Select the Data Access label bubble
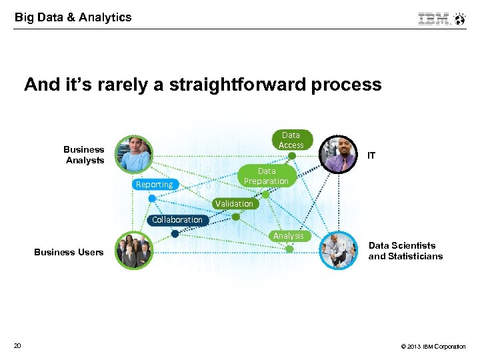tap(291, 140)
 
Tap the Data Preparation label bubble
tap(266, 176)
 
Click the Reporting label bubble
tap(154, 185)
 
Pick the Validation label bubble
tap(234, 203)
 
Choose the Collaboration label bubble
tap(177, 220)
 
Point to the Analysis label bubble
tap(288, 236)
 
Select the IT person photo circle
tap(339, 155)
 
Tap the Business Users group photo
tap(134, 251)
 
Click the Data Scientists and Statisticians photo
tap(339, 251)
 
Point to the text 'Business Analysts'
tap(84, 155)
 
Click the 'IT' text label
tap(371, 155)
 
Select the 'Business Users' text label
tap(69, 252)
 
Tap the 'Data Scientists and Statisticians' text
tap(405, 251)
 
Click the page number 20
tap(17, 345)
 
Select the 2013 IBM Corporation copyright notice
tap(433, 347)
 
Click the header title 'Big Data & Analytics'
tap(73, 17)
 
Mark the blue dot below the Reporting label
tap(152, 199)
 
